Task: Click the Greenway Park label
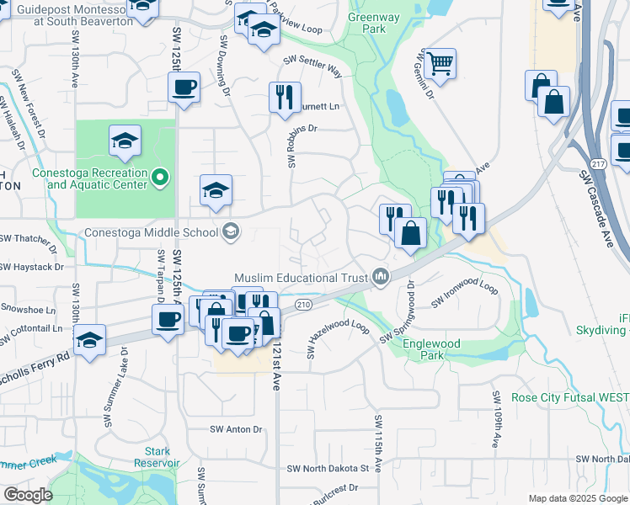coord(368,22)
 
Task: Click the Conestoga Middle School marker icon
coord(230,231)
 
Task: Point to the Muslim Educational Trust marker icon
coord(381,277)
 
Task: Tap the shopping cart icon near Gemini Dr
coord(439,63)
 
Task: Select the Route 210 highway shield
coord(304,303)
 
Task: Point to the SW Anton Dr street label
coord(237,429)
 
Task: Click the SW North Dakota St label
coord(328,468)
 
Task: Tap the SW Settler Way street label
coord(312,66)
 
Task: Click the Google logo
coord(28,495)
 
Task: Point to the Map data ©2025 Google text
coord(579,498)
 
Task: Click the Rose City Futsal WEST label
coord(558,397)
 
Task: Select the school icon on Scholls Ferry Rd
coord(88,340)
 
